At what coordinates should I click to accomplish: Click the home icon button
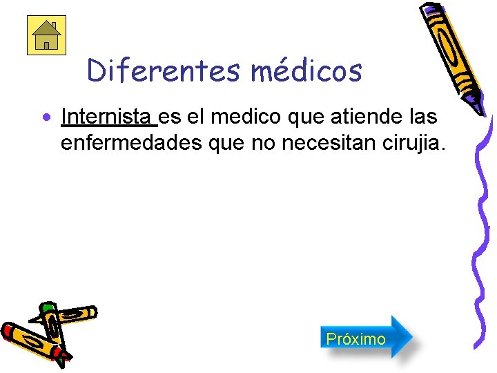46,35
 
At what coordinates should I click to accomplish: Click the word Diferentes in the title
164,70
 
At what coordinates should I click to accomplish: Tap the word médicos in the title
306,70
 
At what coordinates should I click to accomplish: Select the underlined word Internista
108,117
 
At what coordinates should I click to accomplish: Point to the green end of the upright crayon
47,307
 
